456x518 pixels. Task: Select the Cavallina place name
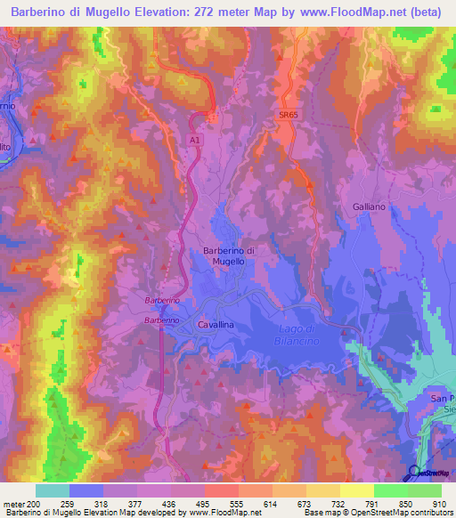216,326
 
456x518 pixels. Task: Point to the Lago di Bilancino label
298,336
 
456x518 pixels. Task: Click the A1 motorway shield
195,140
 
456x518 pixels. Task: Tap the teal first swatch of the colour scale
52,490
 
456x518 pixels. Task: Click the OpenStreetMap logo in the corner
430,473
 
